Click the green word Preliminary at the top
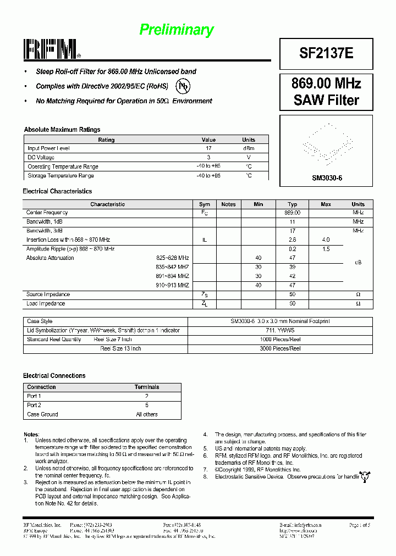pyautogui.click(x=177, y=30)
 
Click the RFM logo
pyautogui.click(x=52, y=49)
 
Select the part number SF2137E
pyautogui.click(x=326, y=53)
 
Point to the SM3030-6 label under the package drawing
pyautogui.click(x=327, y=178)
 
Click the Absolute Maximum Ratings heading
pyautogui.click(x=62, y=130)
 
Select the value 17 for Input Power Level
pyautogui.click(x=209, y=148)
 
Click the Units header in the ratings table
pyautogui.click(x=249, y=140)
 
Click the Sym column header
pyautogui.click(x=205, y=204)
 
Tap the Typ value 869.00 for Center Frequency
pyautogui.click(x=292, y=213)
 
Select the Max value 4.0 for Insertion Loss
pyautogui.click(x=326, y=240)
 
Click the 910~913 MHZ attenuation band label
pyautogui.click(x=172, y=286)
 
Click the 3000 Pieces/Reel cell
pyautogui.click(x=280, y=348)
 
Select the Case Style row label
pyautogui.click(x=40, y=321)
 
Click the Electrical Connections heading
pyautogui.click(x=54, y=376)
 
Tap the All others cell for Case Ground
pyautogui.click(x=147, y=414)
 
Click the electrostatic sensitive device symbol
pyautogui.click(x=364, y=476)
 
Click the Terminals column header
pyautogui.click(x=147, y=387)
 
